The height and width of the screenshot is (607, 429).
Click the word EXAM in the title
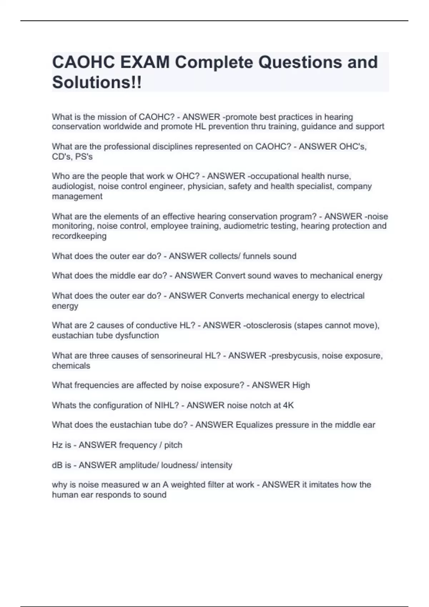145,62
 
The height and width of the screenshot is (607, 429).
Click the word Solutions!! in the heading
97,82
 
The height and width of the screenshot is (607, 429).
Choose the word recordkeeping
79,236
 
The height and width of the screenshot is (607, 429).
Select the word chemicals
71,366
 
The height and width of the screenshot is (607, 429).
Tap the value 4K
288,405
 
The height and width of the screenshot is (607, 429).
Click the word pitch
173,445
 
